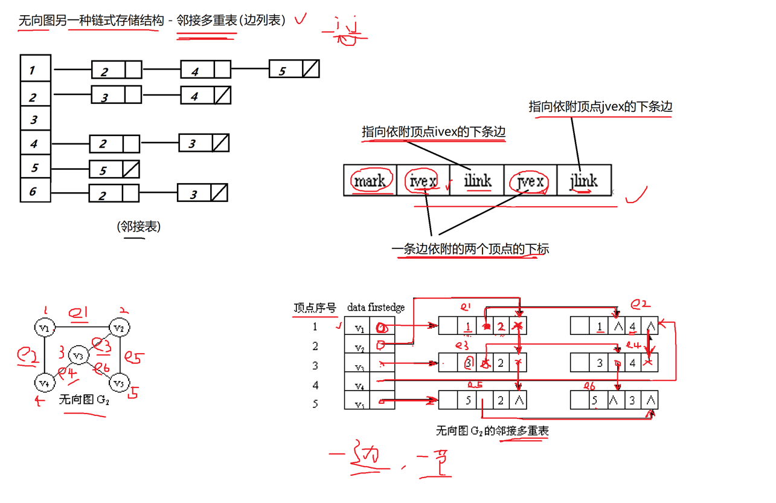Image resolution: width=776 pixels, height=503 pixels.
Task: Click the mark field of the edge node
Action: [x=370, y=180]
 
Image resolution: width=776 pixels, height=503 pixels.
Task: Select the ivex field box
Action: [x=423, y=180]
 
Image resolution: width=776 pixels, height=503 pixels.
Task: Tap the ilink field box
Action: [x=477, y=180]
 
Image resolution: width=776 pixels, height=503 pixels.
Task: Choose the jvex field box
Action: [x=530, y=180]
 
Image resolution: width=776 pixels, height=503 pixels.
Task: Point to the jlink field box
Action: [x=584, y=180]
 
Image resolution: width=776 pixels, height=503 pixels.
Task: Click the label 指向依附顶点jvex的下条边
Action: [x=600, y=107]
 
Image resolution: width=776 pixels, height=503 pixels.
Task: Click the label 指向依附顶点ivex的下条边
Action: [x=433, y=132]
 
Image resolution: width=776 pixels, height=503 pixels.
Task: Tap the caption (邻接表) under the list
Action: [x=138, y=227]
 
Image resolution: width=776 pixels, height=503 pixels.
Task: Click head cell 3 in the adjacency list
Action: [x=35, y=120]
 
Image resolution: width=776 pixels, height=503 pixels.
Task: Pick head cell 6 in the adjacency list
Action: [x=35, y=191]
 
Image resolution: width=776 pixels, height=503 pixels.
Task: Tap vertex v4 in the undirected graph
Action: [x=45, y=382]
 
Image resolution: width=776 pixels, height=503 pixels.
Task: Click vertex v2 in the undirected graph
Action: [x=119, y=328]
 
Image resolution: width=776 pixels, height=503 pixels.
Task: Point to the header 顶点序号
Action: [x=315, y=308]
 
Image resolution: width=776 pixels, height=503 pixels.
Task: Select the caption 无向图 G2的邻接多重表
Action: [x=492, y=431]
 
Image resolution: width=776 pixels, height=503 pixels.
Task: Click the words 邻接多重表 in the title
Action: [x=207, y=20]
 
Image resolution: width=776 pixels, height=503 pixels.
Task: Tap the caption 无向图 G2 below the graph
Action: [x=84, y=400]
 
